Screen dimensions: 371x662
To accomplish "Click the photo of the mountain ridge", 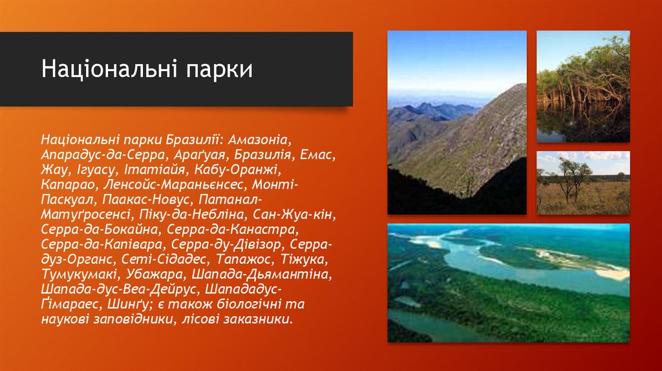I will (457, 123).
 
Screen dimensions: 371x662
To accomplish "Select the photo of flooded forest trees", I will (583, 87).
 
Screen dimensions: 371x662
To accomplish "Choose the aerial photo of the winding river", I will (508, 282).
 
